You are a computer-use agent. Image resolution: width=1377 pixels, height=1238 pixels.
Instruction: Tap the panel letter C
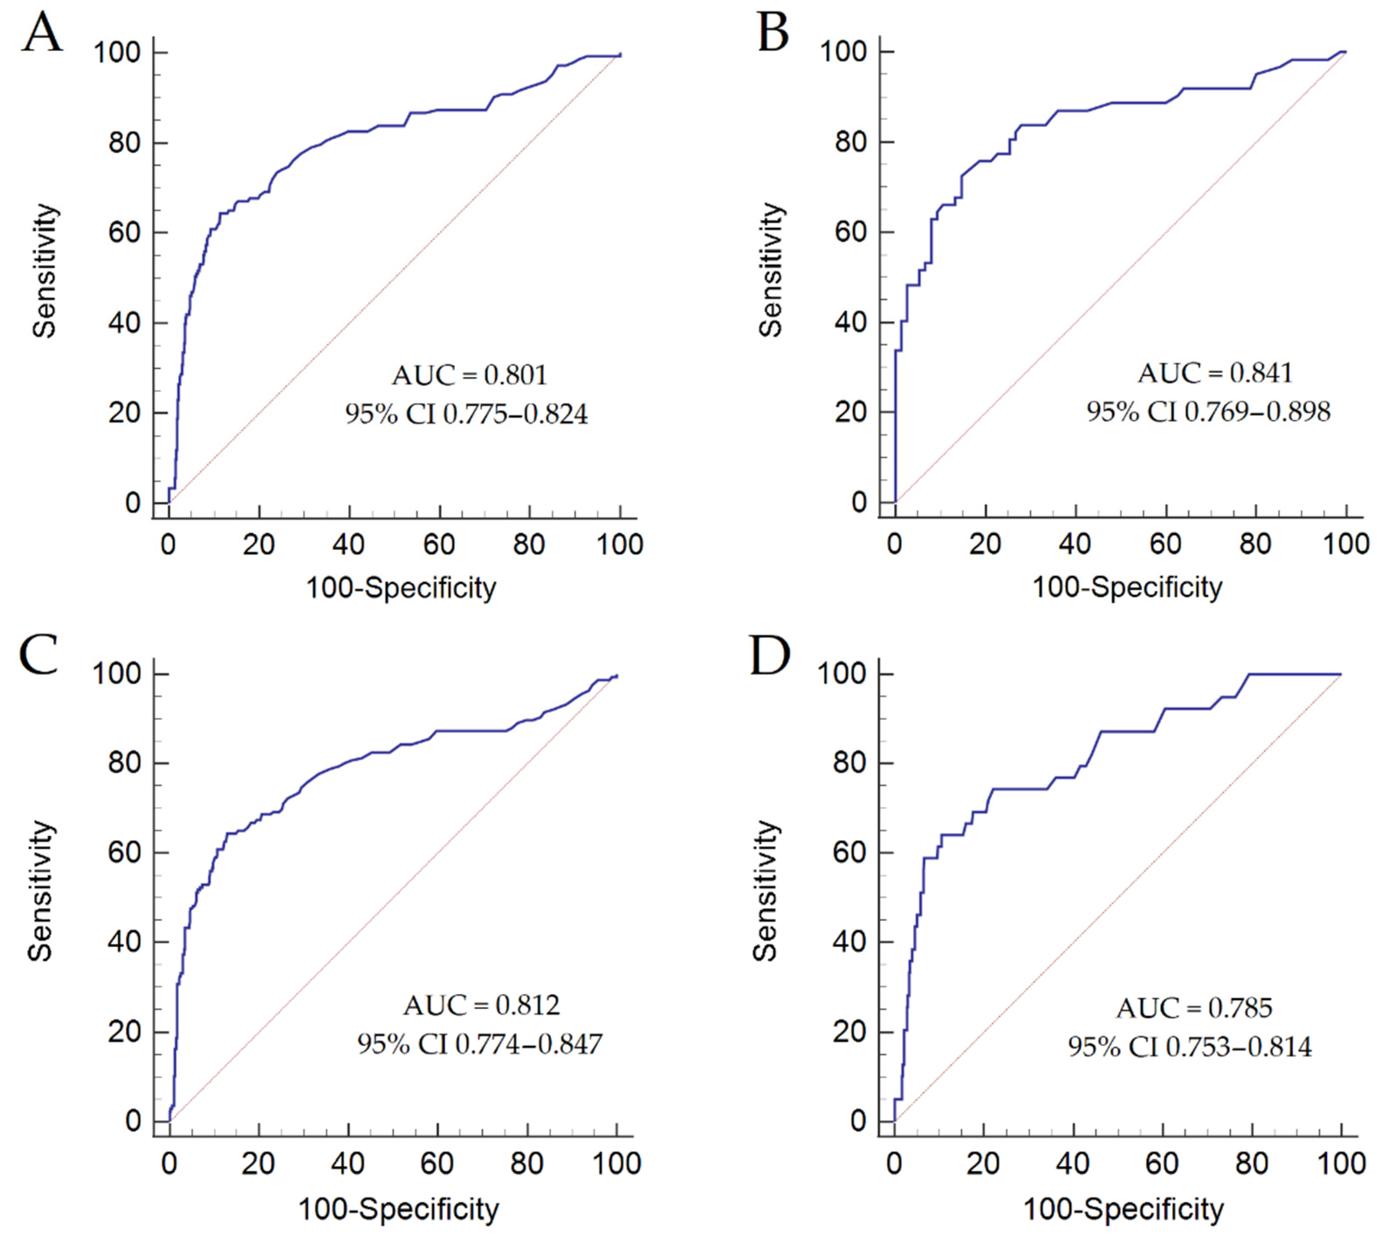(39, 655)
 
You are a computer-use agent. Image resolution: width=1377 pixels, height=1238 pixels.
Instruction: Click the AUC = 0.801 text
(470, 375)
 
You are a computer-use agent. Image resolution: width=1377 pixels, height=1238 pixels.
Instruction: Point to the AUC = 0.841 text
(1215, 373)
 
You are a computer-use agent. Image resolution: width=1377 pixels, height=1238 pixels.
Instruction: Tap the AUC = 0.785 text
(1194, 1008)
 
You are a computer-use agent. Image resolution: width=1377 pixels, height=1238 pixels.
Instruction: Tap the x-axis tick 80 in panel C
(527, 1164)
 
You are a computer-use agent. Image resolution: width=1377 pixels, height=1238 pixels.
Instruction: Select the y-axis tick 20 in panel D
(849, 1031)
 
